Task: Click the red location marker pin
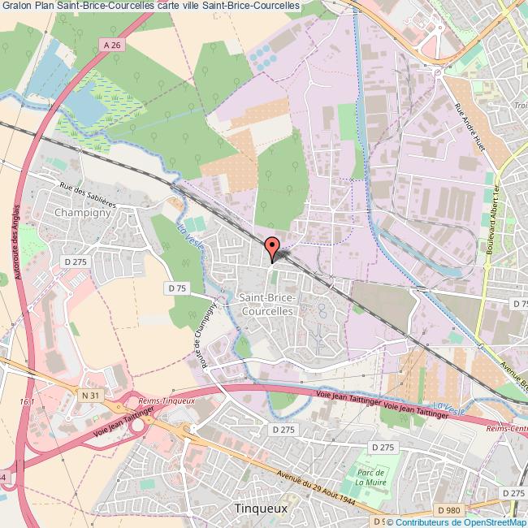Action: (x=272, y=246)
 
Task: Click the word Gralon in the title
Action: (x=16, y=7)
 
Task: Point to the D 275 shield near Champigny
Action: (x=76, y=261)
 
